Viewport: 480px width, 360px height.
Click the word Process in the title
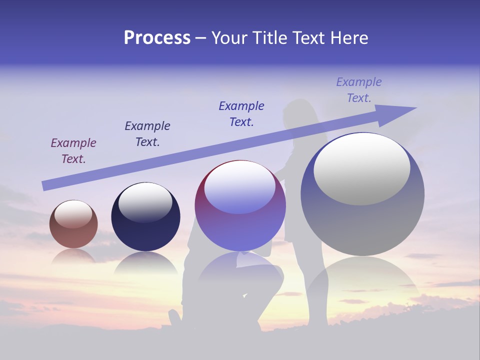tap(157, 38)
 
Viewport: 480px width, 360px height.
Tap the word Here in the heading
tap(348, 38)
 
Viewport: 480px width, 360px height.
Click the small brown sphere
tap(73, 224)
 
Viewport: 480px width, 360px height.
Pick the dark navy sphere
tap(145, 217)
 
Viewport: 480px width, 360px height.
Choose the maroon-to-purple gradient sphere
tap(240, 206)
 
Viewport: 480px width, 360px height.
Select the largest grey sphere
tap(362, 195)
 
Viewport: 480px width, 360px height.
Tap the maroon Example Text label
tap(73, 151)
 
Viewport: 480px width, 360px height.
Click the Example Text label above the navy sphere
tap(147, 134)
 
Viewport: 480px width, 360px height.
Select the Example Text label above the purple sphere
tap(241, 114)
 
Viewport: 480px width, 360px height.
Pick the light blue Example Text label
tap(359, 90)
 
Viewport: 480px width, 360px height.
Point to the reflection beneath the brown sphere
tap(73, 256)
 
